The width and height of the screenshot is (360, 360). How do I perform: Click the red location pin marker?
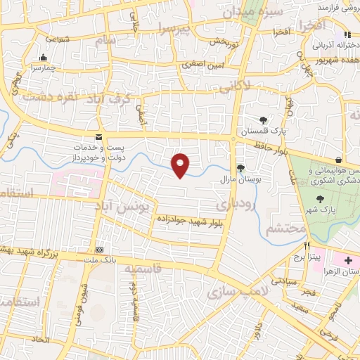[181, 165]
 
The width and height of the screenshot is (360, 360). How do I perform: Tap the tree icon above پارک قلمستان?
[263, 120]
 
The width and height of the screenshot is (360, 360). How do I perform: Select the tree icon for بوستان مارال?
[241, 167]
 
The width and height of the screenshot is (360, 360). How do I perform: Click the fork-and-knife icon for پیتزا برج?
[307, 246]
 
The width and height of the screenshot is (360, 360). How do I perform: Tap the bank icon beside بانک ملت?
[100, 250]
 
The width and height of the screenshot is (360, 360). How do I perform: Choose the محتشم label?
[285, 228]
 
